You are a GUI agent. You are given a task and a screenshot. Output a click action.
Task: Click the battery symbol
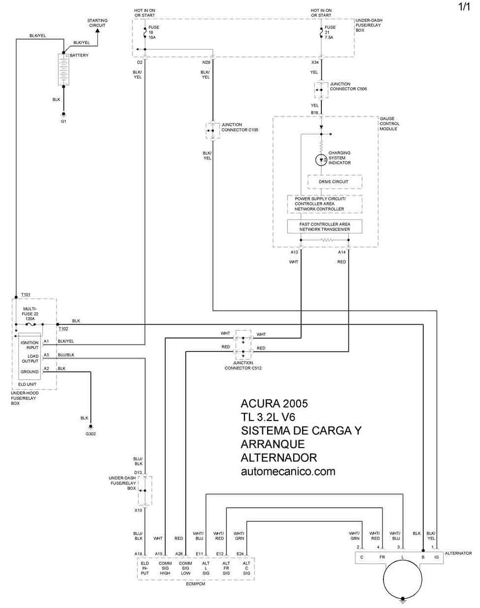pos(64,69)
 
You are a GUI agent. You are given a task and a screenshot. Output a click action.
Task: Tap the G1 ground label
pos(64,121)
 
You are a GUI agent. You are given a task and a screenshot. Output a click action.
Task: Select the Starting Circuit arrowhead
pos(98,30)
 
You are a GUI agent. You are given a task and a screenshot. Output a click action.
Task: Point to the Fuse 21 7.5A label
pos(330,32)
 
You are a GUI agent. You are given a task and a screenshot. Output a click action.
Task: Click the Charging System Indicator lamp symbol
pos(321,160)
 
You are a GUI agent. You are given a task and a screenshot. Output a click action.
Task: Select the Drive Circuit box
pos(335,182)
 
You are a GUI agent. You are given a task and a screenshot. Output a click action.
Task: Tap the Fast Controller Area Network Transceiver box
pos(324,227)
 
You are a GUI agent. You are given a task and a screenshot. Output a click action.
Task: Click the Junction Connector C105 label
pos(240,127)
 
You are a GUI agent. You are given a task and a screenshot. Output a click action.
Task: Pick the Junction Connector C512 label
pos(243,365)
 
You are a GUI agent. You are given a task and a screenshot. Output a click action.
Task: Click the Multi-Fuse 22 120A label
pos(30,313)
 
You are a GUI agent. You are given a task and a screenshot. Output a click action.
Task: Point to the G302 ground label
pos(91,434)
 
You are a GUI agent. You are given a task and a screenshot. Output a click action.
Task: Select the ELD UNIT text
pos(27,384)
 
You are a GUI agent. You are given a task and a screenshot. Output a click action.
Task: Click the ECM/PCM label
pos(196,584)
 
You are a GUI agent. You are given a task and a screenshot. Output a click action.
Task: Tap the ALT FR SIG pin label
pos(226,568)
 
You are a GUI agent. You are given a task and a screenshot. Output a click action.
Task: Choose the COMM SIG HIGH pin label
pos(165,568)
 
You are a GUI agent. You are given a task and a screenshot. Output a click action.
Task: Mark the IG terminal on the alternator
pos(437,557)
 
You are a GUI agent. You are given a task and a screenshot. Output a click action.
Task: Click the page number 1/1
pos(464,6)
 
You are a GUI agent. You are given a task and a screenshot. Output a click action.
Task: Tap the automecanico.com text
pos(288,471)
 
